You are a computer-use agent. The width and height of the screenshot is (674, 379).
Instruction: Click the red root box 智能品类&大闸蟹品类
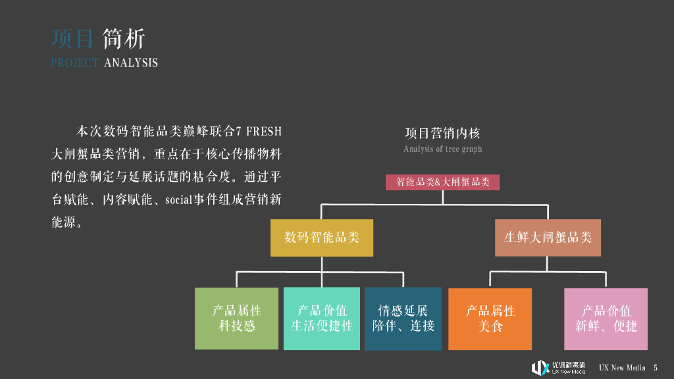(442, 182)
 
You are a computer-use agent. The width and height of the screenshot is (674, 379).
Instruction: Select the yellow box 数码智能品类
(322, 238)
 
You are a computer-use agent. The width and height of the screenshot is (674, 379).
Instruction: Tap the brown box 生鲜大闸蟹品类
(548, 238)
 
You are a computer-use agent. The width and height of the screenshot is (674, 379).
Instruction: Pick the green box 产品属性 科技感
(236, 318)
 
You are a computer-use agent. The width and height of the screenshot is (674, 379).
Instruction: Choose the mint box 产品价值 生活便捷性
(322, 318)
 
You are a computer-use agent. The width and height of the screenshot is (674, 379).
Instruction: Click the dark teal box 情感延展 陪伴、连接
(403, 318)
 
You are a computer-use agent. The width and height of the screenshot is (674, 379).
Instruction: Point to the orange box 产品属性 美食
(490, 318)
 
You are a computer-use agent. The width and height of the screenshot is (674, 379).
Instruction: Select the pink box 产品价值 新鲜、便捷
(606, 318)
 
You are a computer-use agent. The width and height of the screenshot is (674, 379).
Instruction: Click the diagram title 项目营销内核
(442, 134)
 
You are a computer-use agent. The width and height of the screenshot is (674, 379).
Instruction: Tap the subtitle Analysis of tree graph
(442, 149)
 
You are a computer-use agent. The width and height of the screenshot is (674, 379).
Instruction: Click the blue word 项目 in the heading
(72, 39)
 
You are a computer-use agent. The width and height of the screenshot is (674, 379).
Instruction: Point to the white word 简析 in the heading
(124, 39)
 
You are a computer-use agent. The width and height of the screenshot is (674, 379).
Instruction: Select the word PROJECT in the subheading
(74, 63)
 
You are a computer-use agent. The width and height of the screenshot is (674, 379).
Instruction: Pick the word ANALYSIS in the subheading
(131, 63)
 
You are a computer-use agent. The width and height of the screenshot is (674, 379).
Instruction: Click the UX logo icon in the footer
(540, 368)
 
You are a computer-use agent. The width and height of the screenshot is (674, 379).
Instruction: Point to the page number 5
(656, 368)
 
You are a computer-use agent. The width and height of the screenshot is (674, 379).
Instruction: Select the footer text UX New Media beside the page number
(622, 368)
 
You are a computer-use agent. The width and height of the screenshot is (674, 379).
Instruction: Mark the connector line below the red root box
(442, 197)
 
